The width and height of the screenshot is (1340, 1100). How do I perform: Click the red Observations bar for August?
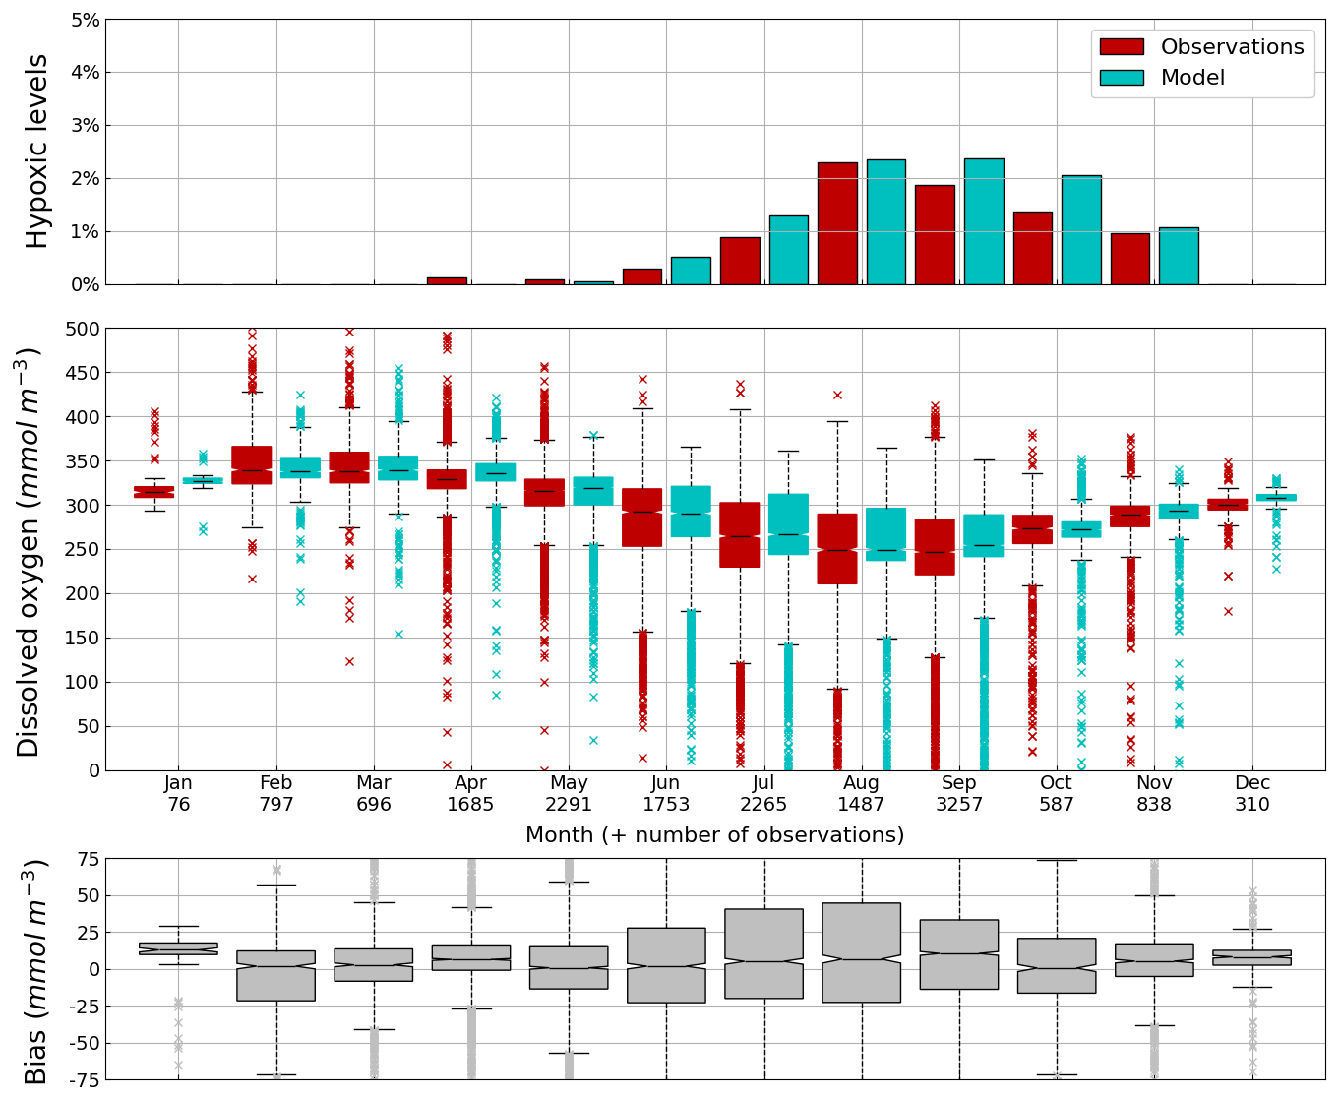[837, 223]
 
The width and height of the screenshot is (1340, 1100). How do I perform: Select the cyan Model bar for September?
[984, 221]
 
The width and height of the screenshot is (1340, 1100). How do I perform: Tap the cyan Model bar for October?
[1081, 229]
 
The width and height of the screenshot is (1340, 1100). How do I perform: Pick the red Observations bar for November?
[1129, 259]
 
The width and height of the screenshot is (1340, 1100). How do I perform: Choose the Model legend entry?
[1192, 78]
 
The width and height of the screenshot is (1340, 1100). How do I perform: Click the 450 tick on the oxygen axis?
[84, 373]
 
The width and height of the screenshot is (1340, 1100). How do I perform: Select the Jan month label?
[178, 783]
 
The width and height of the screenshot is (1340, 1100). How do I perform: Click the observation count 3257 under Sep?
[959, 805]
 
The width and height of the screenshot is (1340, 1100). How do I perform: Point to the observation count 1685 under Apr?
[471, 805]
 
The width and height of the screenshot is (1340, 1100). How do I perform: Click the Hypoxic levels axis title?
[36, 151]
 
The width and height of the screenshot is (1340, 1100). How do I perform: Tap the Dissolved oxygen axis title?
[30, 551]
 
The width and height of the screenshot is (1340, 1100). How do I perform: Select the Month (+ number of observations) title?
[714, 835]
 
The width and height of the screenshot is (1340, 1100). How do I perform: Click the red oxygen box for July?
[740, 534]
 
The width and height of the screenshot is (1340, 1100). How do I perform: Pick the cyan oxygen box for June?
[691, 511]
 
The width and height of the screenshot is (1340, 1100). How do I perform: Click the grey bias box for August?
[862, 952]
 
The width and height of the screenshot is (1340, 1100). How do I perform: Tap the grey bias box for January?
[178, 948]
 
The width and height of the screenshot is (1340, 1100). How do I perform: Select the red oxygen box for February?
[252, 464]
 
